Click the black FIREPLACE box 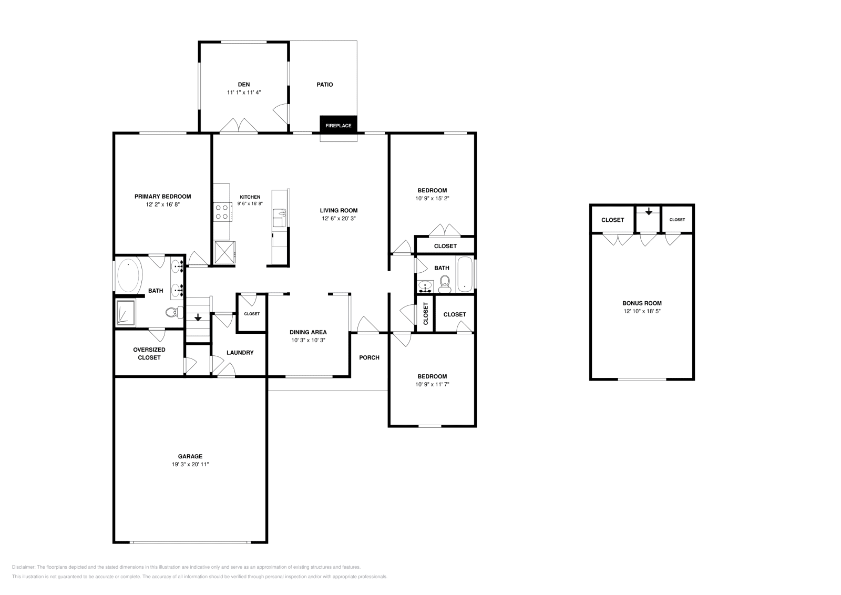(339, 124)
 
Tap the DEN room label (244, 85)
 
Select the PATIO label (325, 85)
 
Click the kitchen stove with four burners (222, 212)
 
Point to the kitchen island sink (279, 218)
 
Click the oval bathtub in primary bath (129, 275)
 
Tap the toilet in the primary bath (175, 312)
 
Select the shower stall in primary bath (126, 313)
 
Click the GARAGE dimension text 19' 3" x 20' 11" (190, 464)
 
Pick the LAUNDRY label (240, 353)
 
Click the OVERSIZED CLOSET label (149, 354)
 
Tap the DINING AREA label (308, 332)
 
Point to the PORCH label (370, 357)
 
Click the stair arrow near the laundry (198, 317)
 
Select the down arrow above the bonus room (649, 212)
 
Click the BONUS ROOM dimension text (642, 311)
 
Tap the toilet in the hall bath (445, 284)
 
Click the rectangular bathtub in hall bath (465, 274)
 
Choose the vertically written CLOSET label (425, 314)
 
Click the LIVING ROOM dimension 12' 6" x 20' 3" (339, 219)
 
